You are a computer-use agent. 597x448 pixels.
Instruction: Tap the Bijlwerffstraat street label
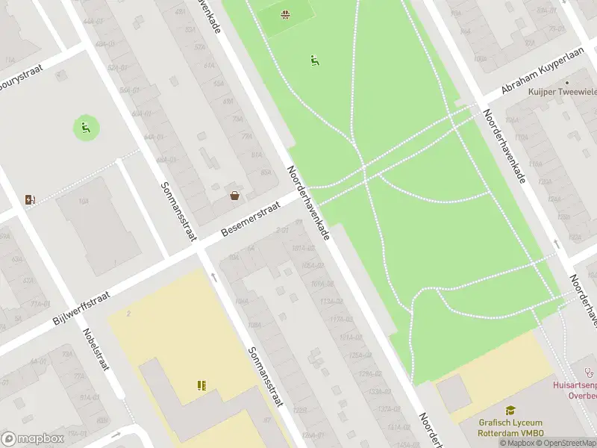click(x=81, y=309)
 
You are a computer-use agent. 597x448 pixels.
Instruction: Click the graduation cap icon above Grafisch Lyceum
click(x=510, y=411)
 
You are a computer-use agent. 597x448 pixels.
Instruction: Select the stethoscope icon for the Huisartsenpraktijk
click(x=590, y=370)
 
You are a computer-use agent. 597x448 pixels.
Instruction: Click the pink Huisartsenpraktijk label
click(x=574, y=391)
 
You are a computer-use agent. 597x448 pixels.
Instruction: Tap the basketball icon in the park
click(x=286, y=14)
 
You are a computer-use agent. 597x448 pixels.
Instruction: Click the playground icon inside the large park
click(x=315, y=60)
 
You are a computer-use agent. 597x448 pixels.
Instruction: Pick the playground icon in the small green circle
click(x=85, y=128)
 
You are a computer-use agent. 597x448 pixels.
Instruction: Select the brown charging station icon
click(x=30, y=199)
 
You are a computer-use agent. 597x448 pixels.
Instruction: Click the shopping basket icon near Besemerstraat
click(x=234, y=196)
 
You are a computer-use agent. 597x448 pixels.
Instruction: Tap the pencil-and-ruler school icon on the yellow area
click(x=201, y=385)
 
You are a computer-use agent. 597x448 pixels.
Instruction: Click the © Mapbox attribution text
click(x=516, y=443)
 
